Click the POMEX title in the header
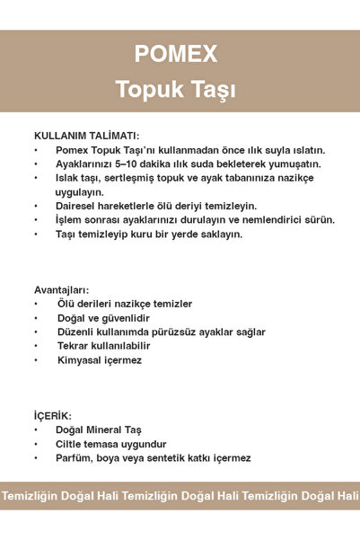coord(176,55)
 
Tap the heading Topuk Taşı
coord(176,91)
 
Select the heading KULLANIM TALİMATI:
coord(86,135)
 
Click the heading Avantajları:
coord(61,290)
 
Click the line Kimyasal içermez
coord(99,359)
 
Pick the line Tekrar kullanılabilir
coord(103,346)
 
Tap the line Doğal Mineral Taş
coord(99,430)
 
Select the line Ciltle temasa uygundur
coord(110,444)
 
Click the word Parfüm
coord(75,458)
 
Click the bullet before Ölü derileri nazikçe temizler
coord(36,305)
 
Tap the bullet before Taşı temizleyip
coord(36,235)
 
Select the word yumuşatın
coord(294,164)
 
